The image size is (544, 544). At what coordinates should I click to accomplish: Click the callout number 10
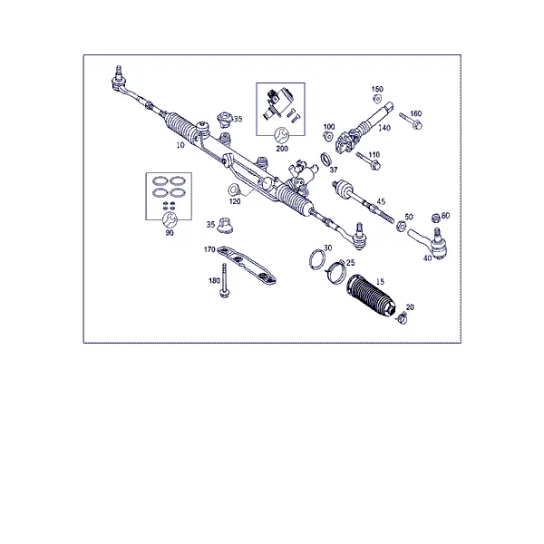[x=180, y=145]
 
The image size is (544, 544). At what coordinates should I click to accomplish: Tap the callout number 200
[x=282, y=149]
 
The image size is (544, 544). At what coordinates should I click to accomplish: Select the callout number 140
[x=384, y=128]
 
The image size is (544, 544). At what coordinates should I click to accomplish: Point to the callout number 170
[x=209, y=249]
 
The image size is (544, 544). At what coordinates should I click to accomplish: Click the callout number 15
[x=380, y=281]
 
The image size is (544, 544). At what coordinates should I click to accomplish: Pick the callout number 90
[x=170, y=233]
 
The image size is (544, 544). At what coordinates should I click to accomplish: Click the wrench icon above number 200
[x=281, y=135]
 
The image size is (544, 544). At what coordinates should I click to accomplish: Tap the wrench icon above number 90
[x=170, y=219]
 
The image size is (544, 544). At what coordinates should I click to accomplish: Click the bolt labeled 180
[x=225, y=280]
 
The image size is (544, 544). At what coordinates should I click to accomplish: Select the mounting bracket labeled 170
[x=247, y=265]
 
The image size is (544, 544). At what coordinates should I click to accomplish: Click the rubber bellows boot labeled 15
[x=370, y=295]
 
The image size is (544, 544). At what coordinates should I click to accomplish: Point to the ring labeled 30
[x=316, y=259]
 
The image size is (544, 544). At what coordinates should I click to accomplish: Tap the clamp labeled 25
[x=336, y=271]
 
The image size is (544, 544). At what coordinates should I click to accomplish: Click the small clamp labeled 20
[x=402, y=318]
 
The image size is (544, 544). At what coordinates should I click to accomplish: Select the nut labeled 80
[x=435, y=219]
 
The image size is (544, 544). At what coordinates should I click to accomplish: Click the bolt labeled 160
[x=411, y=121]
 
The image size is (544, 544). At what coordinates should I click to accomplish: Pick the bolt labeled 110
[x=368, y=161]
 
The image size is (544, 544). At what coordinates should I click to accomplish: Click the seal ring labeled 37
[x=325, y=160]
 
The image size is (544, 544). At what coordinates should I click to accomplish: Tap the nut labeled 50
[x=401, y=226]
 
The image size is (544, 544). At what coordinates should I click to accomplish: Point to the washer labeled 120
[x=234, y=190]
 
